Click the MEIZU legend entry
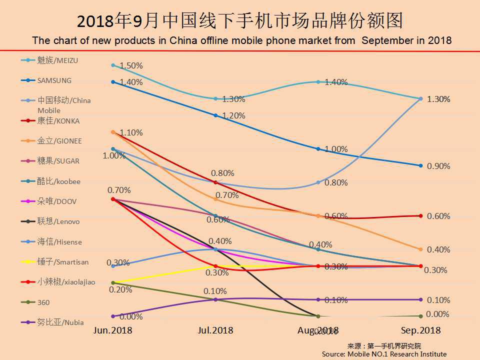tap(57, 60)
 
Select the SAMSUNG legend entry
tap(54, 80)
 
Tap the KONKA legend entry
tap(58, 121)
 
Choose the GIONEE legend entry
tap(59, 141)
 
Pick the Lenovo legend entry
tap(58, 221)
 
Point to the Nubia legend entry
tap(60, 322)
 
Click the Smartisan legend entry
tap(62, 262)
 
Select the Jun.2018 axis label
tap(113, 330)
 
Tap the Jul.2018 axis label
tap(215, 330)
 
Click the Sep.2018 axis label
tap(421, 330)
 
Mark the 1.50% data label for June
tap(131, 65)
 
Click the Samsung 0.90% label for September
tap(438, 166)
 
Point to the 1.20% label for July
tap(233, 115)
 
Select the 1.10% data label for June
tap(131, 132)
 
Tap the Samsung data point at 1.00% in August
tap(318, 149)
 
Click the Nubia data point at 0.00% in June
tap(113, 316)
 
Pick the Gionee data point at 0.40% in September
tap(421, 249)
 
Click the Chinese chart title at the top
tap(240, 21)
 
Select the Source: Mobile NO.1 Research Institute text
tap(384, 354)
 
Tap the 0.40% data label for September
tap(438, 249)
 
